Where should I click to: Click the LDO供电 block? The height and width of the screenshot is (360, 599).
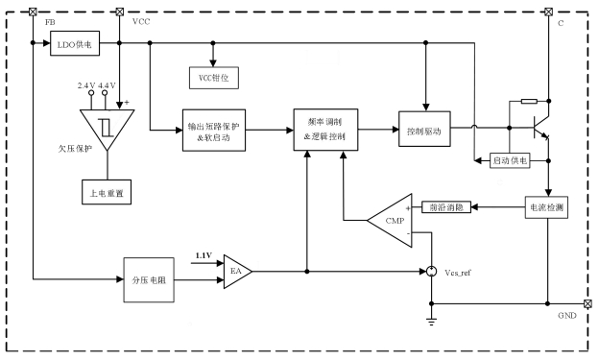click(75, 43)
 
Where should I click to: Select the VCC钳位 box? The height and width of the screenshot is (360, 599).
click(214, 78)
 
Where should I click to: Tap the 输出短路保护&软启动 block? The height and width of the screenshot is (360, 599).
click(214, 131)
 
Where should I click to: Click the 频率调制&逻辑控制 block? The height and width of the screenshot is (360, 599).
click(325, 130)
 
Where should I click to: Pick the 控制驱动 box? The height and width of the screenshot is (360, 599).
click(424, 129)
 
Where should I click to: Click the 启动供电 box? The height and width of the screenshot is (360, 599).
click(510, 160)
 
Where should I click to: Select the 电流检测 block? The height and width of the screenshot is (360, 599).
click(546, 207)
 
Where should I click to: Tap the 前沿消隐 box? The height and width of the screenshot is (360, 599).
click(446, 207)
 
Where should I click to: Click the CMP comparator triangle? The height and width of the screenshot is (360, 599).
click(390, 221)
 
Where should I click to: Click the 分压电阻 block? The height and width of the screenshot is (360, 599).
click(149, 280)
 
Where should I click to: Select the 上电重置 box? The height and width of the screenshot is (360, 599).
click(107, 192)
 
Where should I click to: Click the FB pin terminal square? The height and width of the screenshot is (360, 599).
click(34, 12)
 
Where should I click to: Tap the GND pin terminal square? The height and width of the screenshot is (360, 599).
click(587, 303)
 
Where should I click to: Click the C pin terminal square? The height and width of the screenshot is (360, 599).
click(548, 12)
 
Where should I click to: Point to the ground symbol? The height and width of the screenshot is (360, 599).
click(432, 321)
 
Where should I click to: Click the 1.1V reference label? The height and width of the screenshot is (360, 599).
click(204, 255)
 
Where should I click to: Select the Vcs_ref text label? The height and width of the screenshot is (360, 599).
click(458, 273)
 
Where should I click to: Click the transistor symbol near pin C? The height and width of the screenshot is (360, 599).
click(541, 128)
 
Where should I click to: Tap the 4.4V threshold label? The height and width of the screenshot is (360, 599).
click(107, 85)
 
